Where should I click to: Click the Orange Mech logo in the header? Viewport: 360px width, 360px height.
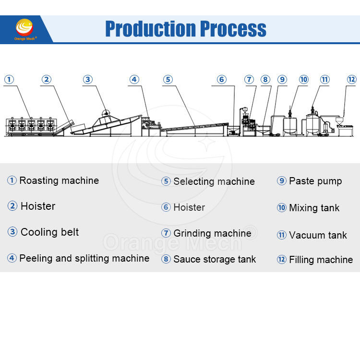point(24,29)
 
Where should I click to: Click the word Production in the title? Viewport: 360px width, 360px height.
point(151,29)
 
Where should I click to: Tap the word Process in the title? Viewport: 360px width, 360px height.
point(233,29)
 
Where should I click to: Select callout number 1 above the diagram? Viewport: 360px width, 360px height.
point(9,79)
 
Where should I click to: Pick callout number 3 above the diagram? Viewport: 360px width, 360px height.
point(88,79)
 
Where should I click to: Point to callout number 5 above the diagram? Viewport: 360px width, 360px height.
point(168,79)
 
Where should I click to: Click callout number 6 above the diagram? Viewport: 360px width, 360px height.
point(222,79)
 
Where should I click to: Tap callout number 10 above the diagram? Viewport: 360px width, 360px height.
point(303,79)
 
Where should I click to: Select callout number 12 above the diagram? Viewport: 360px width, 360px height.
point(351,79)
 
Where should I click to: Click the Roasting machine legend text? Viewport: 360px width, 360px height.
point(59,180)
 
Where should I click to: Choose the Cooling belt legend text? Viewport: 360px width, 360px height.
point(49,232)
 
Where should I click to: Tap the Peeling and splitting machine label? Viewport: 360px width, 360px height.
point(84,258)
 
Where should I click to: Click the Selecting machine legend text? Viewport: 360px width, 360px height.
point(214,181)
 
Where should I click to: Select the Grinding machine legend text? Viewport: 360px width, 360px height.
point(212,233)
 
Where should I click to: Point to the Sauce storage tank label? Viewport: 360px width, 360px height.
point(215,259)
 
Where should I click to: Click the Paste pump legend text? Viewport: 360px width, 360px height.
point(315,181)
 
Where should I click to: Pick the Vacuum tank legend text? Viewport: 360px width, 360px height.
point(318,235)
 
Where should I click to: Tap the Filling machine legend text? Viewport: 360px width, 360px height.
point(321,260)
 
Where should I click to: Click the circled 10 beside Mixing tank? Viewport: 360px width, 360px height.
point(281,208)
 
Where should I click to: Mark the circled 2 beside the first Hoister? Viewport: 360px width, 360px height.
point(12,206)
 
